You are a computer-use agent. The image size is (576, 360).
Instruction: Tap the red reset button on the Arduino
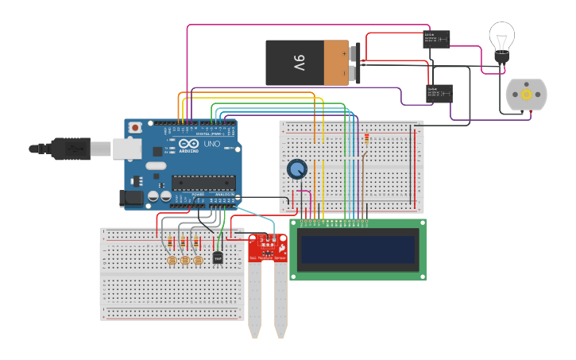tap(136, 127)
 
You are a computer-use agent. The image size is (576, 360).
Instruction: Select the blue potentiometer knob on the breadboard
tap(296, 168)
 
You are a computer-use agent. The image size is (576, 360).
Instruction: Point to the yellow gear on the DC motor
tap(526, 95)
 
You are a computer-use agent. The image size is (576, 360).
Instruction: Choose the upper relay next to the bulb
tap(436, 39)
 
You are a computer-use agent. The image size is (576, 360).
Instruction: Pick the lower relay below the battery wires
tap(439, 93)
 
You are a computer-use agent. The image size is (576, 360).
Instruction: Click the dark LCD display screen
tap(358, 249)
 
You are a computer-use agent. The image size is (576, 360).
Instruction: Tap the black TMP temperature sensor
tap(218, 258)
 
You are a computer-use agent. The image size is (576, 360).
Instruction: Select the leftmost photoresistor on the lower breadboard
tap(170, 260)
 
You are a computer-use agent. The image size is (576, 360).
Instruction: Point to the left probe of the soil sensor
tap(254, 298)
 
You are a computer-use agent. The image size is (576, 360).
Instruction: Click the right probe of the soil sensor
tap(280, 298)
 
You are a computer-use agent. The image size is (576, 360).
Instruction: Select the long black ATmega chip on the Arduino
tap(204, 182)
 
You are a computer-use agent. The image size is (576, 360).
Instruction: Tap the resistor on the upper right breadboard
tap(365, 141)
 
